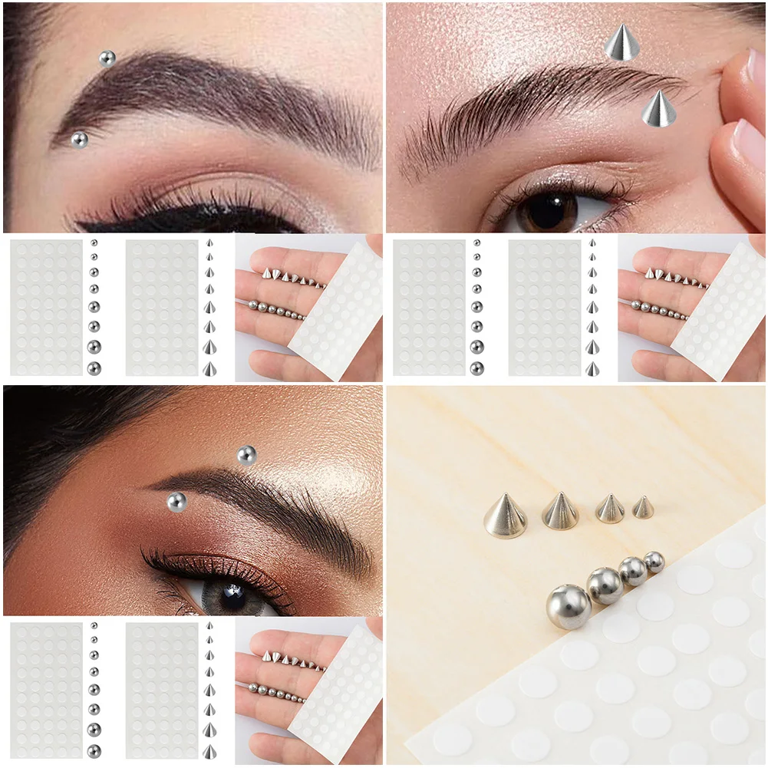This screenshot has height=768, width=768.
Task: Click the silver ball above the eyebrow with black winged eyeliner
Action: [107, 58]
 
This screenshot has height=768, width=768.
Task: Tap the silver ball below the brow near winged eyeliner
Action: [79, 140]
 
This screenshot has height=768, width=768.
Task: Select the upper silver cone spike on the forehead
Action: [622, 42]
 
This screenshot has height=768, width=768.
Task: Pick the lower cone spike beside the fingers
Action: [659, 109]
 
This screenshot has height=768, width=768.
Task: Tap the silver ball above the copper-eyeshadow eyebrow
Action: [246, 455]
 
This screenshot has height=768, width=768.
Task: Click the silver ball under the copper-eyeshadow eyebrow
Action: [176, 503]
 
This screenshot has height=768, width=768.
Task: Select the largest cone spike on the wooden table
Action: [505, 516]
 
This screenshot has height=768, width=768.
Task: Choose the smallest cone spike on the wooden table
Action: [643, 506]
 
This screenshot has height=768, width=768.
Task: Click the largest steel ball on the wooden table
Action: [569, 606]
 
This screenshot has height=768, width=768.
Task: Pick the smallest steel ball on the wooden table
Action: [654, 562]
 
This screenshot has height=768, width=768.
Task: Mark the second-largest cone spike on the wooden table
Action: [561, 511]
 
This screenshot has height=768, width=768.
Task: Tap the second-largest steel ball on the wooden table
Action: [605, 585]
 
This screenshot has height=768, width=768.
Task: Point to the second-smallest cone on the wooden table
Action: [610, 509]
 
